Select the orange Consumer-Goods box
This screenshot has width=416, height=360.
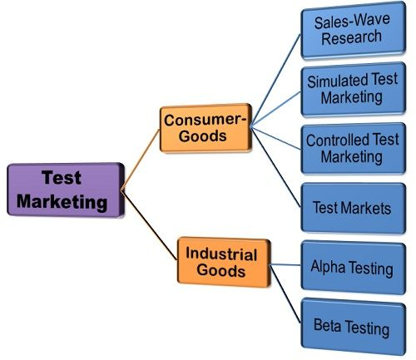click(x=206, y=128)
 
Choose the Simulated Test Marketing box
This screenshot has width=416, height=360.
click(x=351, y=88)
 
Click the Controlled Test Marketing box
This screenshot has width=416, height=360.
click(x=350, y=148)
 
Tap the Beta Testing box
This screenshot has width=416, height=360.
click(x=350, y=327)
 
